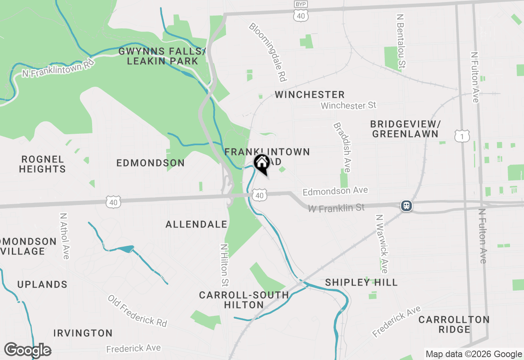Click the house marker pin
(x=262, y=163)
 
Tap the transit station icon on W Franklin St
(x=406, y=205)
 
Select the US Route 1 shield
(x=462, y=136)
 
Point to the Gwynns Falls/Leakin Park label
(x=162, y=56)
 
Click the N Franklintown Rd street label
(x=58, y=67)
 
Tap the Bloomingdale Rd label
(x=268, y=52)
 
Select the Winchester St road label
(x=348, y=106)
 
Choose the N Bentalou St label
(x=401, y=41)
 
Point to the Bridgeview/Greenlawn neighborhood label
(x=404, y=129)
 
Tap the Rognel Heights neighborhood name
(x=43, y=164)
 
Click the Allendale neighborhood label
(x=196, y=224)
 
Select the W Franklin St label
(x=336, y=208)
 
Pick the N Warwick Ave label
(x=382, y=244)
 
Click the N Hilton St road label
(x=224, y=265)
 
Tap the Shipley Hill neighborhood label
(x=361, y=282)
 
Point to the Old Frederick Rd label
(x=138, y=310)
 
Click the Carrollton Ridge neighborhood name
(x=454, y=324)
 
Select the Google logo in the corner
(x=27, y=350)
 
